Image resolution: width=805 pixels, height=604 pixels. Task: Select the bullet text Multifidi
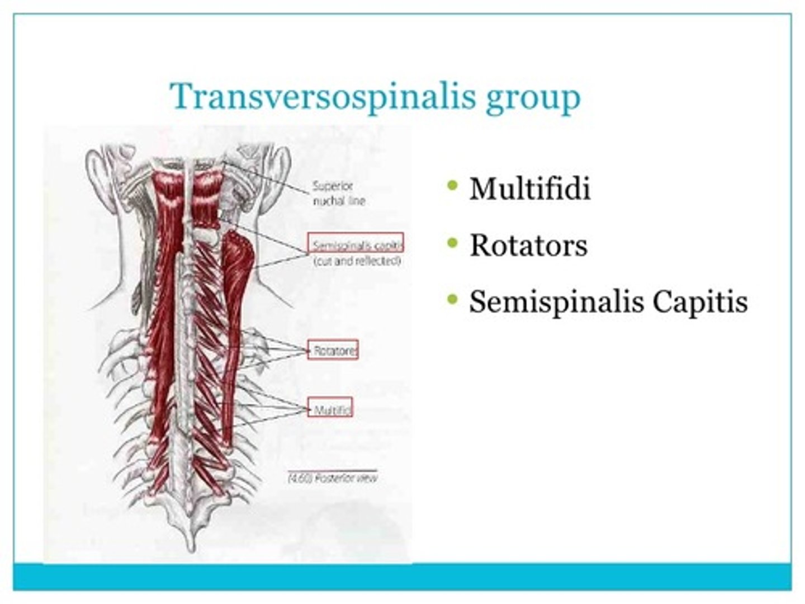[x=529, y=188]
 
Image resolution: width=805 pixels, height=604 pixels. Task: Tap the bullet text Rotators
[x=528, y=245]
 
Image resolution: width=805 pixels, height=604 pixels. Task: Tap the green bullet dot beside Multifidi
[x=452, y=185]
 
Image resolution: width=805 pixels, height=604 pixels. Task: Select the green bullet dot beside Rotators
[x=452, y=242]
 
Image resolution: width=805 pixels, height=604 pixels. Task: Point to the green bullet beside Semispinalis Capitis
[x=452, y=299]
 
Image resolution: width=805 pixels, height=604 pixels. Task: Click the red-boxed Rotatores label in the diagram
[x=333, y=350]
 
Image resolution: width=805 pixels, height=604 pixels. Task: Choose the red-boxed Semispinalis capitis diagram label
[x=356, y=244]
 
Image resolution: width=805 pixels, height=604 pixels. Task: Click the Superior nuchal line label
[x=338, y=194]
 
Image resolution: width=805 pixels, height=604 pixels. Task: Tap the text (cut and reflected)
[x=357, y=261]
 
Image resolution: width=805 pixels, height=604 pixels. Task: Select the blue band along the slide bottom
[x=402, y=576]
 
